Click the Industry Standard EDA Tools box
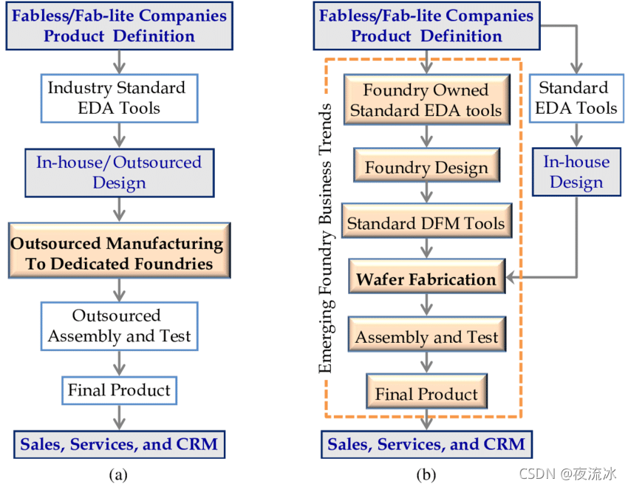coord(117,98)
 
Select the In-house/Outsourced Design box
coord(118,172)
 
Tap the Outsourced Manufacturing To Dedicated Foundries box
coord(117,253)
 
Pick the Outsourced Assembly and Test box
coord(119,326)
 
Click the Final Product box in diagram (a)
coord(119,390)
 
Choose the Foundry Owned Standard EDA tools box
coord(426,101)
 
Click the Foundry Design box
coord(426,168)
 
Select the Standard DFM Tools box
coord(426,223)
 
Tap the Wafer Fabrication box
coord(426,279)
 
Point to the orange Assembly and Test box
coord(426,338)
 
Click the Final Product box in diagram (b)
coord(426,395)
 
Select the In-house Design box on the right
coord(576,171)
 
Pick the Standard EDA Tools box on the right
coord(576,98)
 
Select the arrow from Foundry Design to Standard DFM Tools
coord(426,195)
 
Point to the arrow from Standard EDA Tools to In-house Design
coord(576,135)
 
